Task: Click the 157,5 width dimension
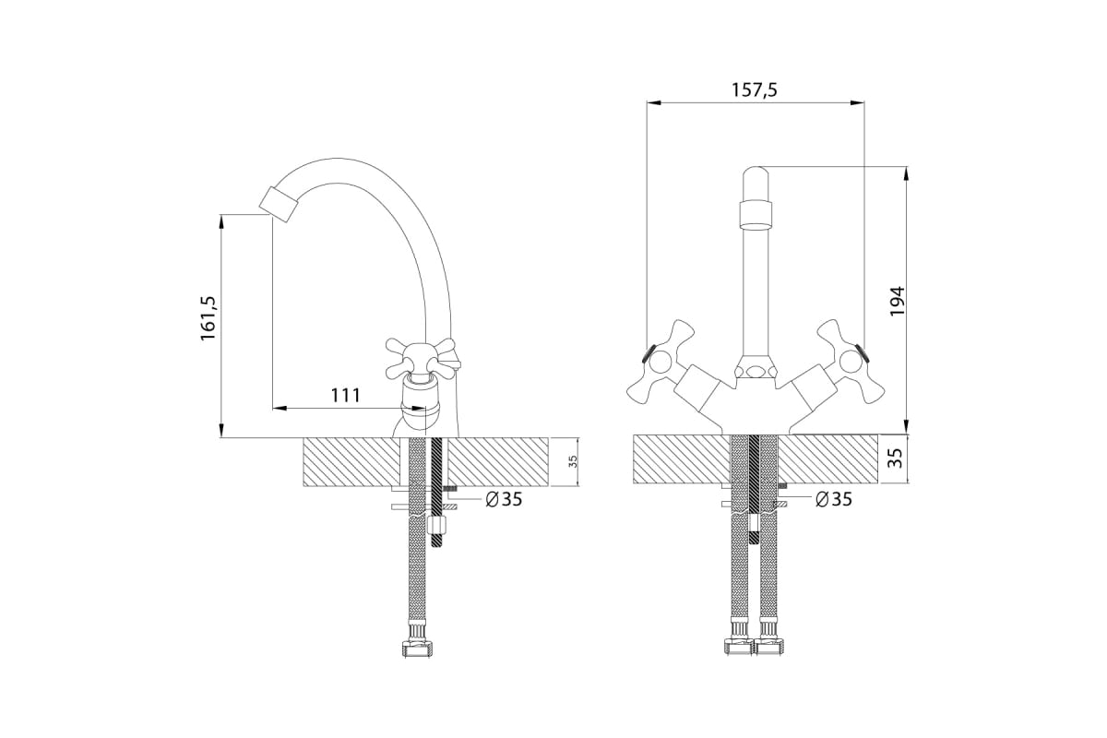(x=755, y=90)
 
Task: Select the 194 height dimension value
(x=897, y=301)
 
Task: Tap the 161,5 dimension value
(x=208, y=318)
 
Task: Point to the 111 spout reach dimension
(x=345, y=396)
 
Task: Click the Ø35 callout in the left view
(x=504, y=499)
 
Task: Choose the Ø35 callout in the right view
(x=833, y=499)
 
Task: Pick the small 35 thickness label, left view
(x=573, y=461)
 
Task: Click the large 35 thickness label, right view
(x=896, y=458)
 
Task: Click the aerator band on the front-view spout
(x=756, y=213)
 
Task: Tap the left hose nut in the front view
(x=739, y=646)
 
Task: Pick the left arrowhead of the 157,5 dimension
(x=654, y=102)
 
